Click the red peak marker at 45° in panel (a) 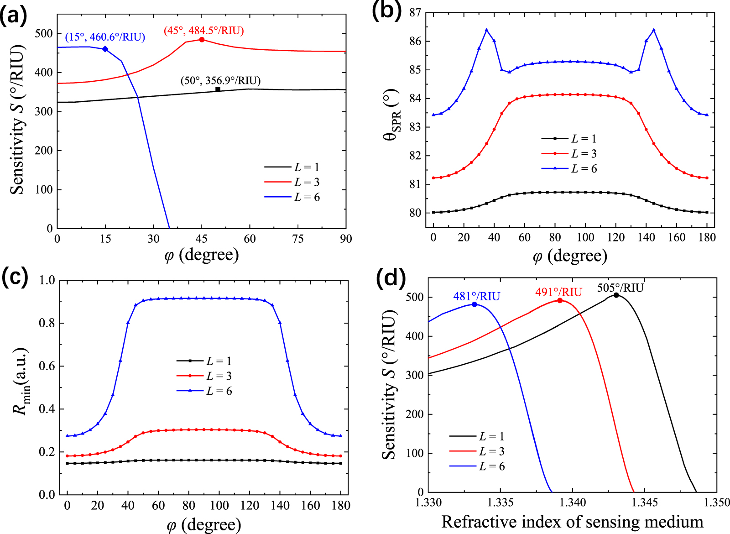(x=202, y=40)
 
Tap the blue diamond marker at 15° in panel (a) (x=105, y=49)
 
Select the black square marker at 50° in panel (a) (x=218, y=89)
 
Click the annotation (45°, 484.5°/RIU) (x=204, y=31)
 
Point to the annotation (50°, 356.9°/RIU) (x=221, y=81)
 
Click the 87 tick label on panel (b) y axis (x=415, y=13)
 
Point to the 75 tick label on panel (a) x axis (x=298, y=239)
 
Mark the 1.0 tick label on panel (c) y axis (x=47, y=280)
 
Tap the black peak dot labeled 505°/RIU (x=616, y=295)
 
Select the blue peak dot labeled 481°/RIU (x=474, y=304)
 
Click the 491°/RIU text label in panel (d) (x=558, y=292)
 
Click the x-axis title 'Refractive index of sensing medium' (x=572, y=521)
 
